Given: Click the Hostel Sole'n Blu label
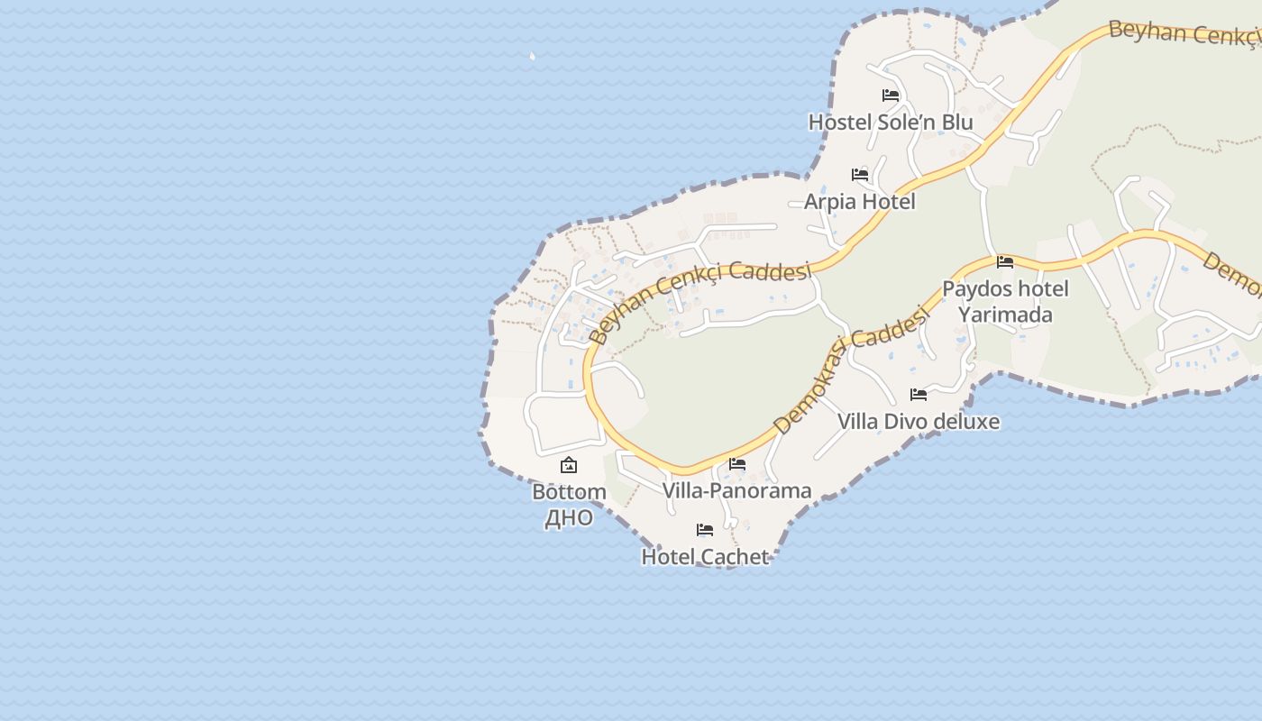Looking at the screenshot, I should (x=890, y=122).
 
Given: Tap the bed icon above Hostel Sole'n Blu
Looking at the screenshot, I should (x=891, y=96).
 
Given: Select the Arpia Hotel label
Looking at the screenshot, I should (x=859, y=201).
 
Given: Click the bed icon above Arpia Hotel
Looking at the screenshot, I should (x=860, y=175).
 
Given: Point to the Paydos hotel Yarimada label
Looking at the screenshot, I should (x=1005, y=301).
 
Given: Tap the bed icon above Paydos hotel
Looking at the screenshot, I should (x=1005, y=262).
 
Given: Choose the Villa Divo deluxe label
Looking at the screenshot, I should (x=918, y=421).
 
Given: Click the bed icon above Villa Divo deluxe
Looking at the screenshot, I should (x=919, y=395).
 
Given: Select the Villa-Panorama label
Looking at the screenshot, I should (x=736, y=490).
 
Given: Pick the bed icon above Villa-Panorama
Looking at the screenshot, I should (x=737, y=465).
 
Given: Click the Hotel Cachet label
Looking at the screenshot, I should (x=704, y=556).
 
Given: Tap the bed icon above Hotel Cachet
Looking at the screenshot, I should (x=705, y=530).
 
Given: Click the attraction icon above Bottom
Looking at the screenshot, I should (x=569, y=466).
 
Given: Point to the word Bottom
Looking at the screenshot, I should (x=569, y=492).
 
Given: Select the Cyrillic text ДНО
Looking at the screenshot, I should (x=569, y=517).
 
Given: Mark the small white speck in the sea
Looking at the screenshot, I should (x=532, y=57).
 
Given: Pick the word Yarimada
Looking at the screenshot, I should (x=1005, y=315).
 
